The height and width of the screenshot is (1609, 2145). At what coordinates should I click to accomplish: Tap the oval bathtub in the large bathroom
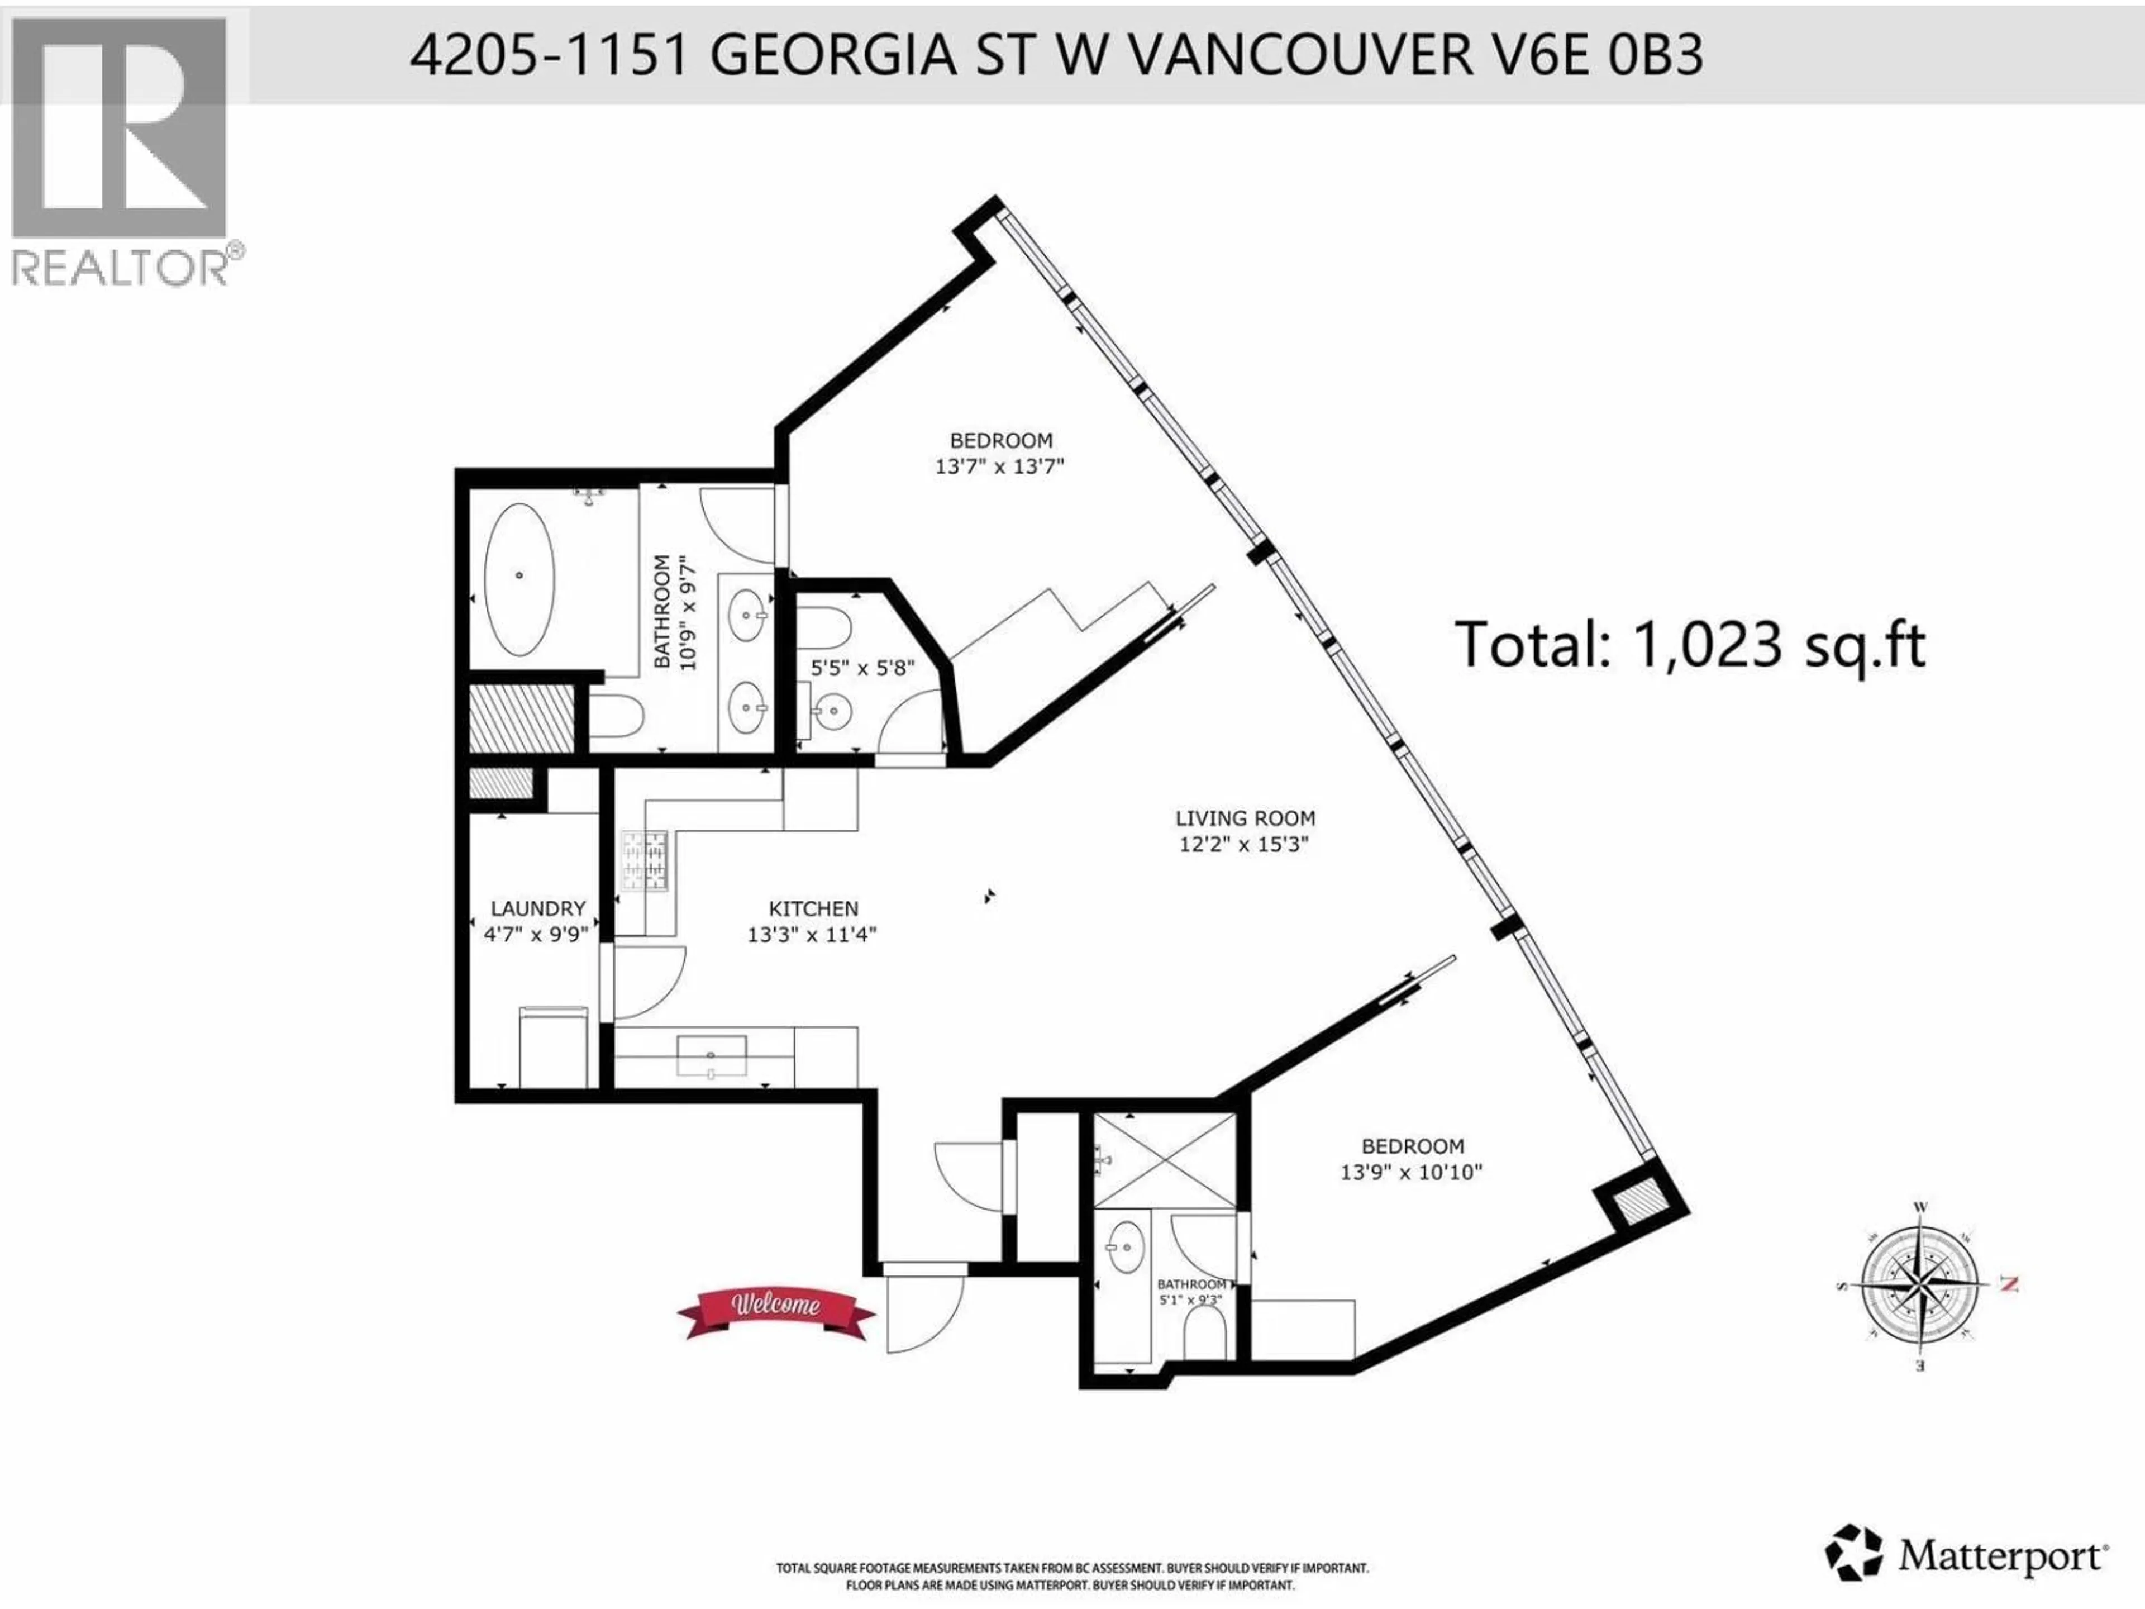[x=519, y=579]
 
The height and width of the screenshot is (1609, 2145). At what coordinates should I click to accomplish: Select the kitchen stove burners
[x=645, y=861]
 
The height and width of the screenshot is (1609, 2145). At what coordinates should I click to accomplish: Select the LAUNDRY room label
[x=537, y=909]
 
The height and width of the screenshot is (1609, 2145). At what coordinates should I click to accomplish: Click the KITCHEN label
[x=813, y=909]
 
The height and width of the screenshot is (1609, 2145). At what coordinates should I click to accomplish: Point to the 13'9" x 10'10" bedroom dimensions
[x=1411, y=1173]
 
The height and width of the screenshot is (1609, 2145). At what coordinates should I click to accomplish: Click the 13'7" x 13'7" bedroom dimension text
[x=1000, y=465]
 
